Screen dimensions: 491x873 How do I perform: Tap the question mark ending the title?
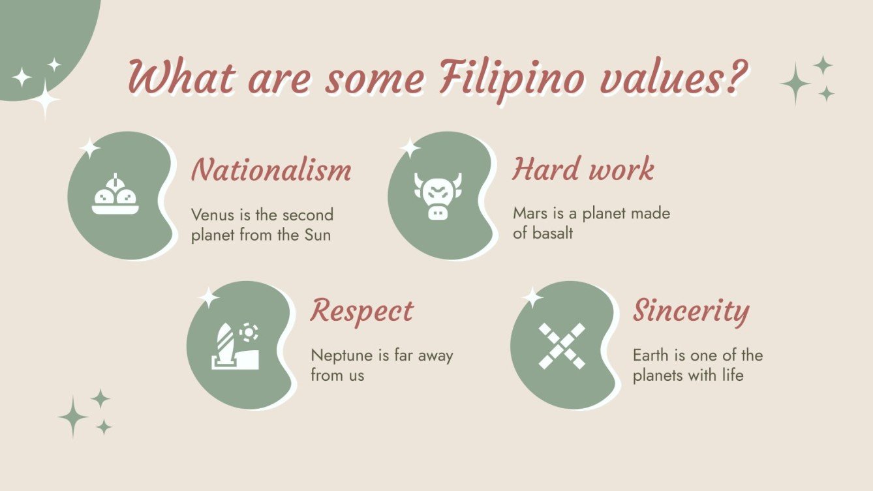pos(735,79)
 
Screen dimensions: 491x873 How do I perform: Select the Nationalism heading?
pos(271,170)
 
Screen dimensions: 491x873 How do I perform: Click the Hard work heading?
pos(583,170)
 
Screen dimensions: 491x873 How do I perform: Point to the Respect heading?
pos(361,311)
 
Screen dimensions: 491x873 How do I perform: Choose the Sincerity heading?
pos(690,311)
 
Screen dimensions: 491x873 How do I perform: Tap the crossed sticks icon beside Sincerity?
pos(562,346)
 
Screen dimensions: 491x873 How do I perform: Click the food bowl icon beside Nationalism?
pos(115,196)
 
